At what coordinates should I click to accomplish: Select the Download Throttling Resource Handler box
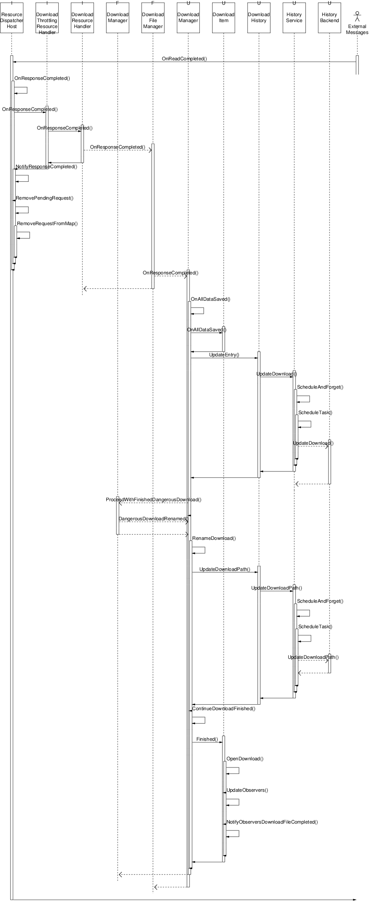pos(47,20)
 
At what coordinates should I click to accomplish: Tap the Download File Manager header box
pos(153,20)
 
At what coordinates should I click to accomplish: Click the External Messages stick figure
pos(357,17)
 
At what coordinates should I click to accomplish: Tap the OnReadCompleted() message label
pos(184,59)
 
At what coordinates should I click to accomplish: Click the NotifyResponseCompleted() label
pos(46,167)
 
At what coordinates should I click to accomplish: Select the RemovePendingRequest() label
pos(45,198)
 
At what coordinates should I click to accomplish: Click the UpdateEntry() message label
pos(224,355)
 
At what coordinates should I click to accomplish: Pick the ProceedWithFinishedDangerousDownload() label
pos(153,500)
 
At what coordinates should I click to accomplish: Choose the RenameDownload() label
pos(214,538)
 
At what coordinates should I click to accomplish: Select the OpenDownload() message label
pos(245,759)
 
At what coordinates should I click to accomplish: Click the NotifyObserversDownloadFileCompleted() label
pos(272,822)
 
